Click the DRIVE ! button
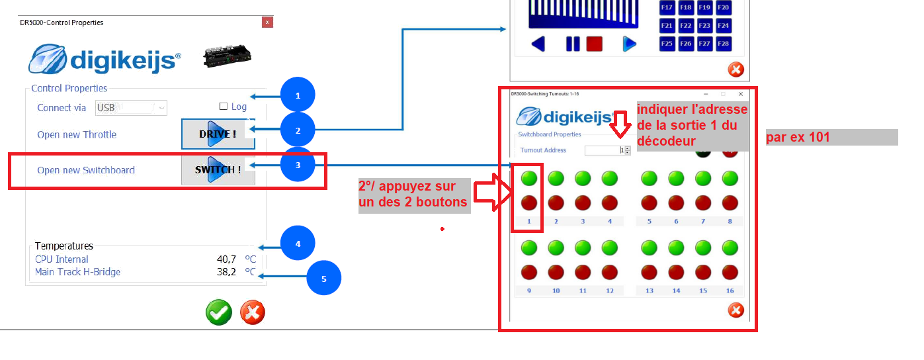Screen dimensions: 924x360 click(x=218, y=134)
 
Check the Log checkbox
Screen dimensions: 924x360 click(x=224, y=107)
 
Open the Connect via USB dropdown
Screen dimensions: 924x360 click(x=131, y=108)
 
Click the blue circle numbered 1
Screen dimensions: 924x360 click(x=298, y=95)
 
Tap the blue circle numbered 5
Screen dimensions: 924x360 click(x=324, y=278)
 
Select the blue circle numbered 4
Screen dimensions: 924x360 click(x=298, y=243)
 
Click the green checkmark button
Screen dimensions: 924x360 click(x=219, y=312)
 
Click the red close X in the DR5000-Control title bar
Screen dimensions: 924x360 click(x=267, y=22)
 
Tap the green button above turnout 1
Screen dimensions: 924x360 click(x=529, y=179)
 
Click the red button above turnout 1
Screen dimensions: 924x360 click(x=529, y=202)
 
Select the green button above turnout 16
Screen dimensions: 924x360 click(x=730, y=247)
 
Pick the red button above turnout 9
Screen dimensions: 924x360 click(x=529, y=272)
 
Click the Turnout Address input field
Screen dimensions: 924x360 click(x=605, y=150)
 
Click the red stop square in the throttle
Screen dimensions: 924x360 click(x=595, y=44)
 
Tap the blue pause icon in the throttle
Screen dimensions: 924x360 click(x=573, y=44)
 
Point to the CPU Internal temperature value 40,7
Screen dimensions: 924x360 click(x=226, y=259)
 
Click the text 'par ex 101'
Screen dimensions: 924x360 click(x=798, y=137)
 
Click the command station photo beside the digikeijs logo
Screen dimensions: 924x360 click(x=228, y=56)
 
